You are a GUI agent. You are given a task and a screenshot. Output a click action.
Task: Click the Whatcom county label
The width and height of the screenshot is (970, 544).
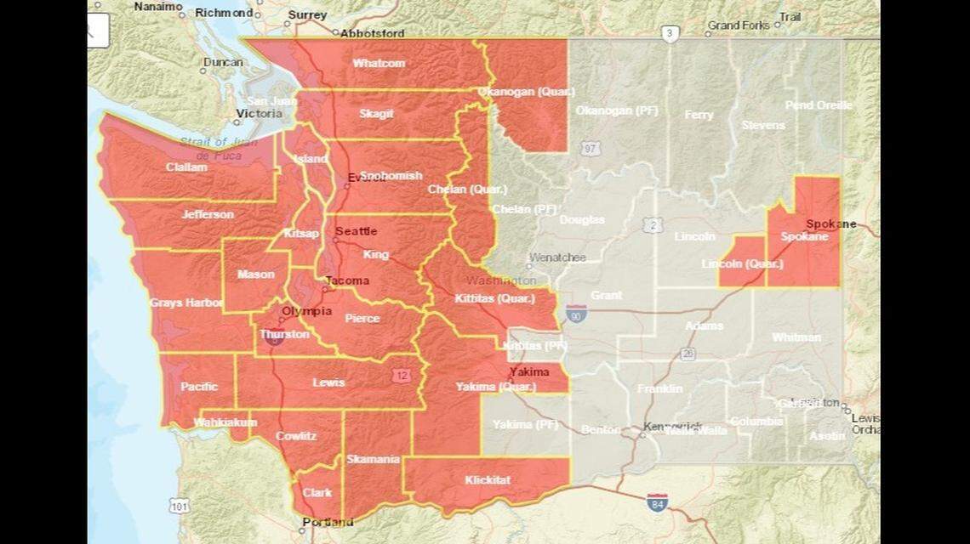(379, 63)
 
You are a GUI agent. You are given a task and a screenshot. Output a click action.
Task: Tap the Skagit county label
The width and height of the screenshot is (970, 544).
(376, 113)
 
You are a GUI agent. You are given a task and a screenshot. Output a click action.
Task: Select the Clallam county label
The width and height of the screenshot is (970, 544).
(186, 167)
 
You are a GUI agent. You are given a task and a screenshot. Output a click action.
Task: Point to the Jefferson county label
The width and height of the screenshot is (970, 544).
(207, 214)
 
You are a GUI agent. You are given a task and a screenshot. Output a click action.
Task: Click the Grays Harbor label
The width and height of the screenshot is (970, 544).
(185, 303)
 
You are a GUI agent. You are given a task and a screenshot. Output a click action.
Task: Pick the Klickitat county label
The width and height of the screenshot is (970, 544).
(488, 480)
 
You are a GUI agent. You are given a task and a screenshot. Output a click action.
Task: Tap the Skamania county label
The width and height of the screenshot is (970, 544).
(373, 459)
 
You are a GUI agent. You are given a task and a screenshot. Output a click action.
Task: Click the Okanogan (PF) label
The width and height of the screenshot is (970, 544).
(617, 110)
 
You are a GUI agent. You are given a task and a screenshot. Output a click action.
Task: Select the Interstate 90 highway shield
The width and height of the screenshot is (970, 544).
(576, 314)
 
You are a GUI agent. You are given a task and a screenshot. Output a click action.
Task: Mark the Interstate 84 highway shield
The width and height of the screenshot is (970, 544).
(656, 501)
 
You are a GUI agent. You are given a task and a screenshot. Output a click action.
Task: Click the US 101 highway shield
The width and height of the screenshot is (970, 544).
(179, 507)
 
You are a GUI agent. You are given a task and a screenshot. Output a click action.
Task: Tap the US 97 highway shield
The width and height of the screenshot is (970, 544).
(590, 149)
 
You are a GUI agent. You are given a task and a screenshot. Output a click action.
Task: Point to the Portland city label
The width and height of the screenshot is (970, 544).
(328, 522)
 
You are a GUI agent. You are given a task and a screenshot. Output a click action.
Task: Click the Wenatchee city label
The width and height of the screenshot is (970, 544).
(556, 257)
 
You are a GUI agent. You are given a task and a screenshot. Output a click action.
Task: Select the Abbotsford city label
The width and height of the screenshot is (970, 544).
(372, 34)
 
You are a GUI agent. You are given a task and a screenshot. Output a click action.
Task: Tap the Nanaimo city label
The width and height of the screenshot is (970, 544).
(158, 7)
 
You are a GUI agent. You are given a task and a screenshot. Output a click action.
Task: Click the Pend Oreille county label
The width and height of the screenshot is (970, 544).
(818, 105)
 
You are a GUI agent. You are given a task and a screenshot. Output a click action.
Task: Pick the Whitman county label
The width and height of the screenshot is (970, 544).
(796, 337)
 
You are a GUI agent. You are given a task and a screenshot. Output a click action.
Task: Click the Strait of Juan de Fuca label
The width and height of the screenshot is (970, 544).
(214, 149)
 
